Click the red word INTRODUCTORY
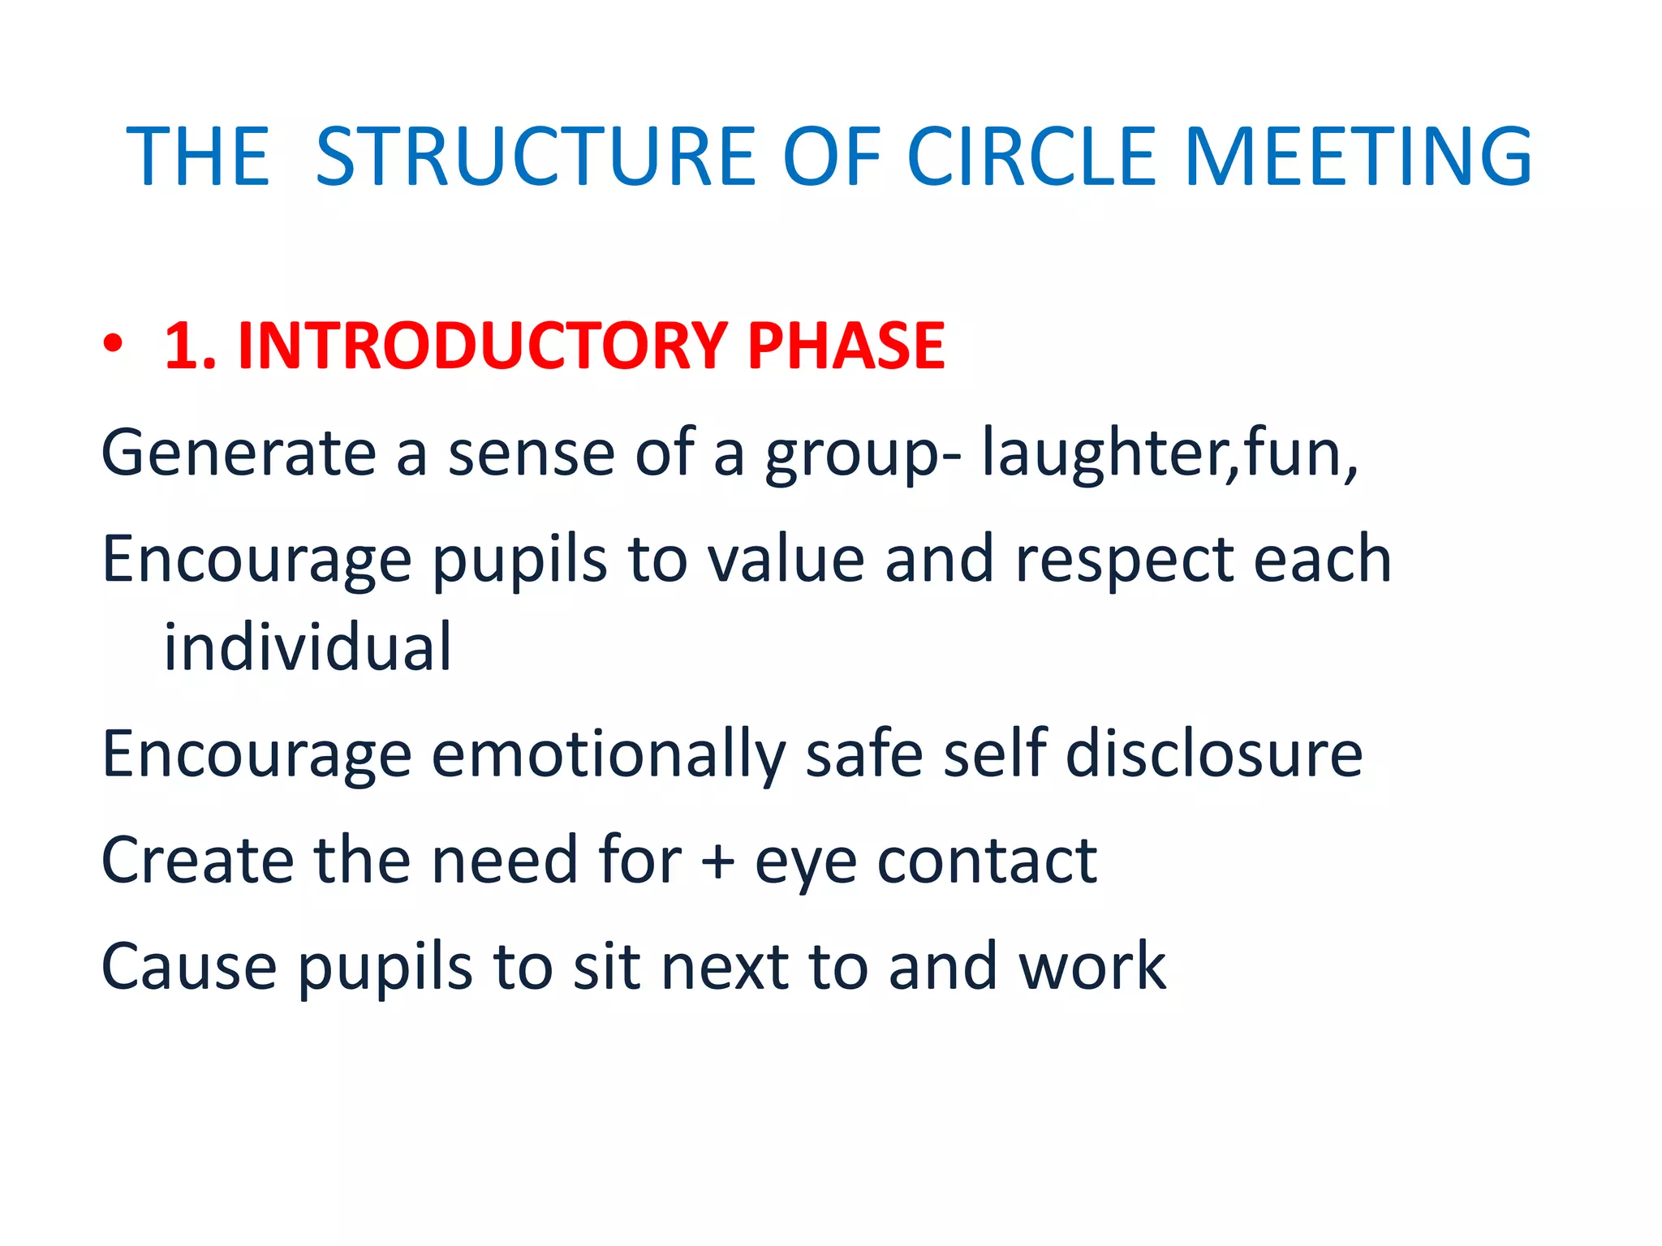coord(482,346)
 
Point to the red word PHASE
coord(846,346)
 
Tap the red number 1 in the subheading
coord(183,346)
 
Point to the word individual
coord(308,647)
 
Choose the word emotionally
coord(608,754)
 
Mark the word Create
coord(197,860)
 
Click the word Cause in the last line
coord(188,967)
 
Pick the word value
coord(786,560)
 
